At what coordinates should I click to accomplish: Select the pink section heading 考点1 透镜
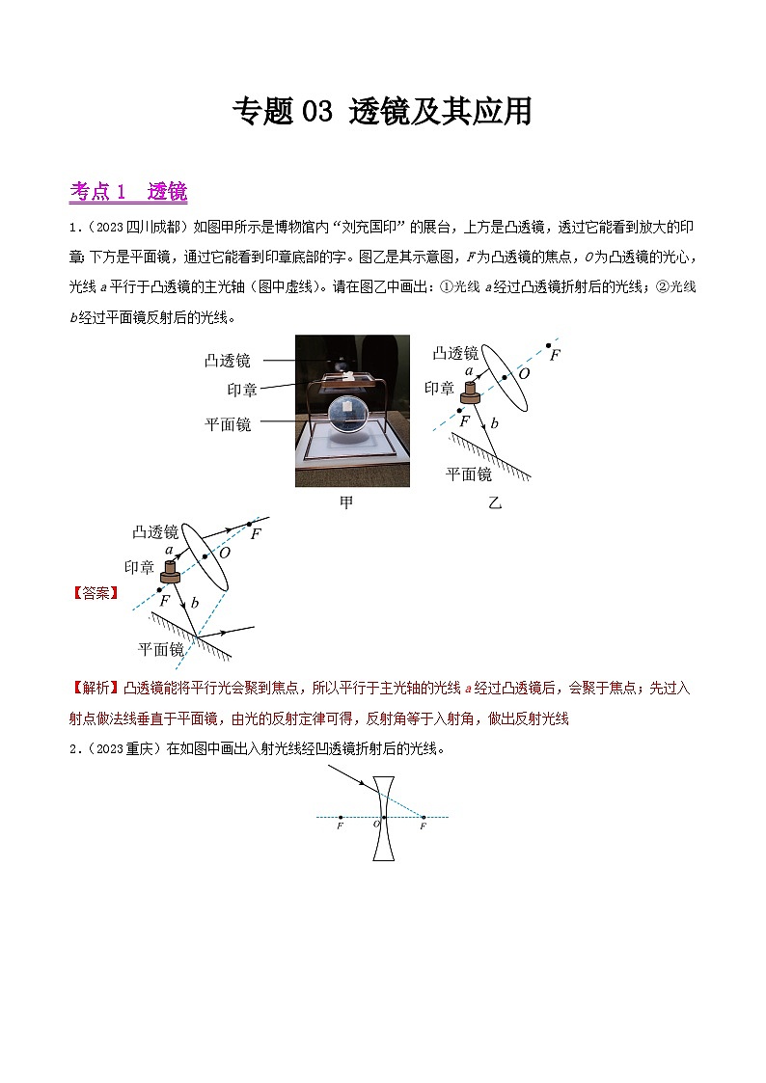128,192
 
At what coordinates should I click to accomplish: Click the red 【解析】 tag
95,689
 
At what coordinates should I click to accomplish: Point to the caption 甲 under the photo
346,502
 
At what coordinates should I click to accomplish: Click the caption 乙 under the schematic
495,502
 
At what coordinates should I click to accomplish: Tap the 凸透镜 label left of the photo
228,361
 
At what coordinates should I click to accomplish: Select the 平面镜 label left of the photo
228,423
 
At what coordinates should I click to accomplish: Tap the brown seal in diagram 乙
470,392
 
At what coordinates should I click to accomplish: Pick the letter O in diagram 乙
524,373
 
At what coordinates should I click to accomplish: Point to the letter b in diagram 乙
494,423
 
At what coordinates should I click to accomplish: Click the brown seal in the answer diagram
170,573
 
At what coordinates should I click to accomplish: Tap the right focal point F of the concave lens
423,818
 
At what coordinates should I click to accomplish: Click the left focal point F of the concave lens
341,818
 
